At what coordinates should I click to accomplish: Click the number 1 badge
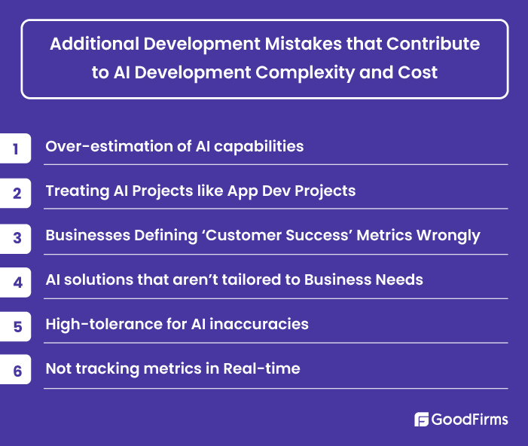[x=15, y=148]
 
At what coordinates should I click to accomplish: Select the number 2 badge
[x=15, y=192]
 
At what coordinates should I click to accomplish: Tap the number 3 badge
[x=15, y=237]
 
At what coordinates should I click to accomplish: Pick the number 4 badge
[x=15, y=281]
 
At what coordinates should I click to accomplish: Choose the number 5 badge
[x=15, y=325]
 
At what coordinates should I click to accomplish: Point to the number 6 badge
[x=15, y=370]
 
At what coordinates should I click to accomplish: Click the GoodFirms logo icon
[x=422, y=420]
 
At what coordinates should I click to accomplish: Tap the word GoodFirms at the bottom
[x=470, y=420]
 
